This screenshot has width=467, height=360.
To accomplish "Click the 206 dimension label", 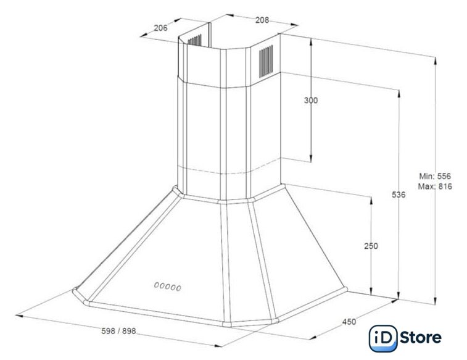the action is (x=160, y=28).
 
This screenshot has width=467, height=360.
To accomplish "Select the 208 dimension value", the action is (x=262, y=20).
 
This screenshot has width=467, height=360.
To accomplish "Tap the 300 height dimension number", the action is (x=311, y=101).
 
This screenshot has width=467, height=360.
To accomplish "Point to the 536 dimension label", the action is (x=399, y=195).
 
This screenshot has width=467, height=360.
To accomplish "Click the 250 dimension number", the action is (x=371, y=246).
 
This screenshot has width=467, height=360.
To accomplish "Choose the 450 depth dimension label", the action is (x=349, y=322).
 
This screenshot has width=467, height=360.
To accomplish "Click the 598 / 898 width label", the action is (x=118, y=331).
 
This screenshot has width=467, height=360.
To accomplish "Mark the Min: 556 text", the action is (x=435, y=176).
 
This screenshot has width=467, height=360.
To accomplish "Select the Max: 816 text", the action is (x=435, y=186).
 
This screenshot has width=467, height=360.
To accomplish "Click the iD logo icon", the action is (x=383, y=338).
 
